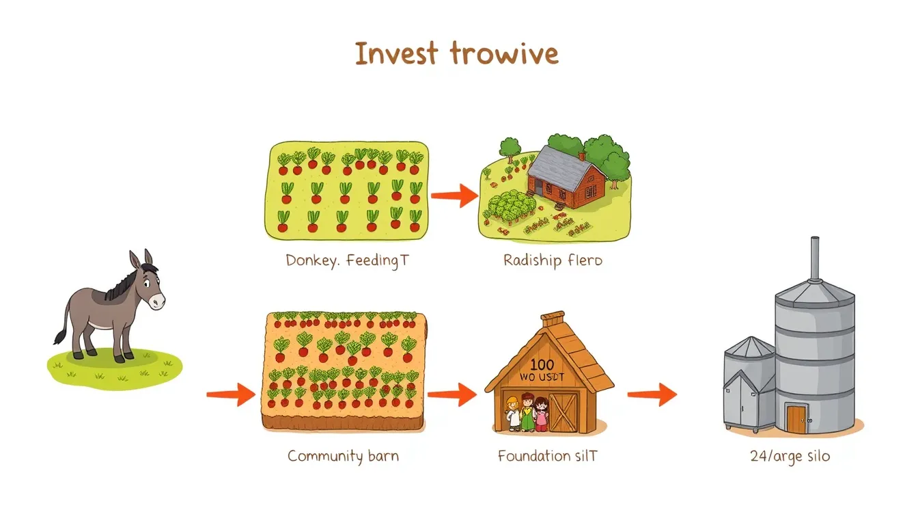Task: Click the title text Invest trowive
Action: pyautogui.click(x=456, y=53)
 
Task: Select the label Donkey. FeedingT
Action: pyautogui.click(x=346, y=260)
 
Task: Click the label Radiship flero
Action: pyautogui.click(x=553, y=260)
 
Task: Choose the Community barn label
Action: pyautogui.click(x=343, y=455)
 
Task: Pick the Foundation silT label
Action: pyautogui.click(x=547, y=455)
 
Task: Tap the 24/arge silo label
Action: pyautogui.click(x=790, y=455)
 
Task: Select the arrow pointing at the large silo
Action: pyautogui.click(x=652, y=394)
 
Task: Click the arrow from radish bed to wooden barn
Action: pyautogui.click(x=451, y=394)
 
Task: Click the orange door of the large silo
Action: pyautogui.click(x=795, y=418)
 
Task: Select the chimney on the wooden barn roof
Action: pyautogui.click(x=553, y=321)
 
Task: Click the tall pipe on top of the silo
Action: pyautogui.click(x=814, y=258)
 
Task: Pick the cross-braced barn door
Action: pyautogui.click(x=564, y=412)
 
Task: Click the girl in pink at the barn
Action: pyautogui.click(x=540, y=414)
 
